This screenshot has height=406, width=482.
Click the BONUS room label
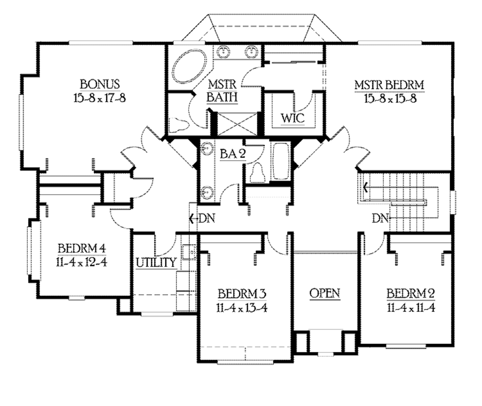[x=99, y=85]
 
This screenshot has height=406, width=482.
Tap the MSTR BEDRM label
[x=389, y=85]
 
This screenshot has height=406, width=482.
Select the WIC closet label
[x=292, y=118]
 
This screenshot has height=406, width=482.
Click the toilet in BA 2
[x=257, y=172]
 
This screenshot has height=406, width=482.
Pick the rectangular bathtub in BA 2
[x=281, y=161]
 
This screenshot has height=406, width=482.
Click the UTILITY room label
[x=156, y=262]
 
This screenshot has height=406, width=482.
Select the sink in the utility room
[x=189, y=252]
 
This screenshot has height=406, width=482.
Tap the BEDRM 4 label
[x=82, y=248]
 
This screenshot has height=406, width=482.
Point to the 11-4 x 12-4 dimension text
[x=82, y=261]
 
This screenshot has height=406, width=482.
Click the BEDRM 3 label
[x=242, y=294]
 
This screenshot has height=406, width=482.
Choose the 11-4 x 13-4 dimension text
[x=242, y=308]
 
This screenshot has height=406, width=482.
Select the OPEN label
[x=325, y=293]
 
